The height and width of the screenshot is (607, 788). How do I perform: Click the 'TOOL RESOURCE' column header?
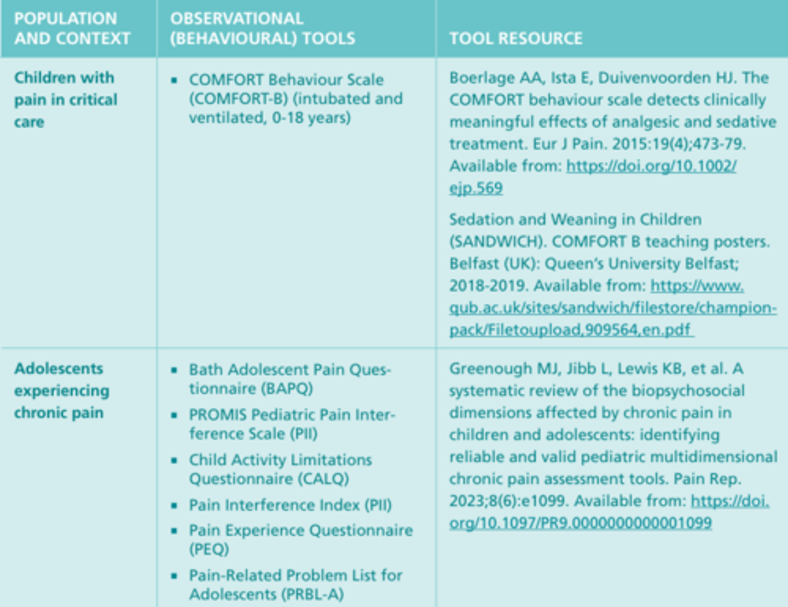[x=515, y=38]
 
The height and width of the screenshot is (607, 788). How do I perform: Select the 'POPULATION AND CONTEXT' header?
[x=72, y=28]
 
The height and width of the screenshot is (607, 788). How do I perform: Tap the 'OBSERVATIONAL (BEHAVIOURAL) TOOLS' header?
[x=262, y=28]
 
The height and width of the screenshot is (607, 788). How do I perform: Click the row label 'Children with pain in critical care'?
[x=65, y=100]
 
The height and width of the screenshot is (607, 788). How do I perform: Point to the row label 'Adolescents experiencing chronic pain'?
[x=61, y=391]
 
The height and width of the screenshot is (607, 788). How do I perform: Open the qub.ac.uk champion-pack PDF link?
[x=612, y=308]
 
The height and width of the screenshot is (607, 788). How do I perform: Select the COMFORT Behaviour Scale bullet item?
[x=296, y=99]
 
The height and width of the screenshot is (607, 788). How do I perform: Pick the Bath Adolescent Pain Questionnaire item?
[x=289, y=379]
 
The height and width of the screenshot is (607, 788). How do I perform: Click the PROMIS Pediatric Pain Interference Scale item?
[x=292, y=424]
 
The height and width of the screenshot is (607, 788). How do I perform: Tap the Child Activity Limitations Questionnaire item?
[x=280, y=469]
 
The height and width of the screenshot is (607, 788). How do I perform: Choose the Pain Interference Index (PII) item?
[x=290, y=505]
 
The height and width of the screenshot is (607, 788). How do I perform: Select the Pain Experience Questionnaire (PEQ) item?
[x=300, y=540]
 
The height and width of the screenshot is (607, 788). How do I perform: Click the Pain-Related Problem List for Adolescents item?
[x=296, y=585]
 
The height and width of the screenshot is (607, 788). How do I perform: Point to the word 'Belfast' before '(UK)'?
[x=472, y=264]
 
